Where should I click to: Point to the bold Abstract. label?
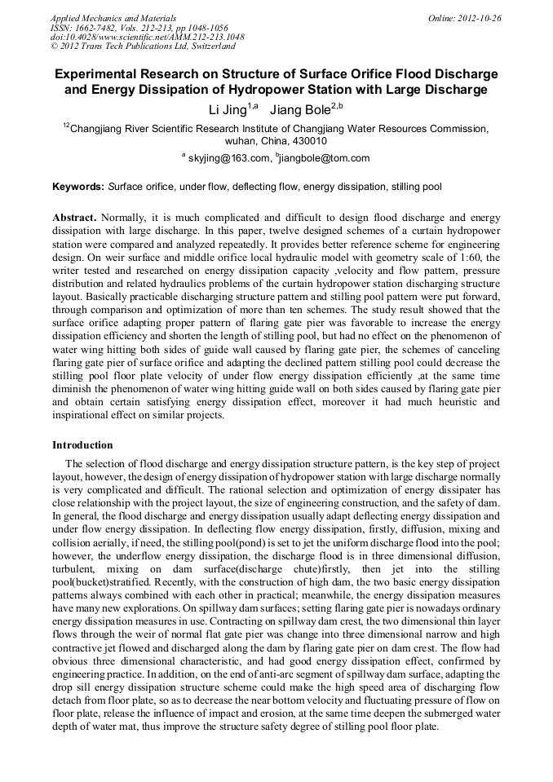tap(75, 219)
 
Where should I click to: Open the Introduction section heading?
tap(82, 445)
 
